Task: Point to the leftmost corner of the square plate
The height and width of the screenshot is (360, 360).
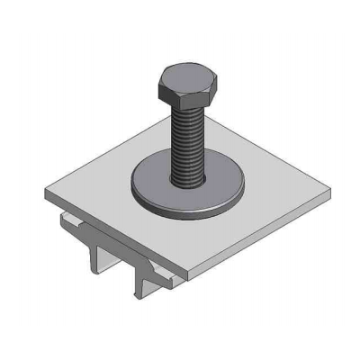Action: point(45,192)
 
